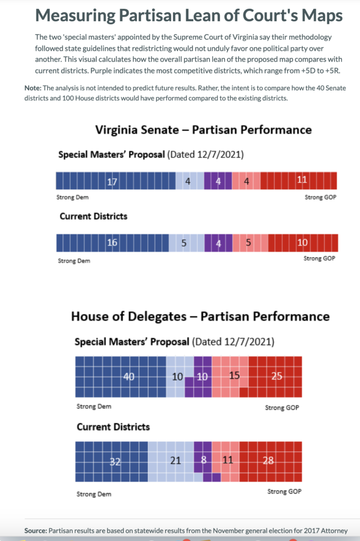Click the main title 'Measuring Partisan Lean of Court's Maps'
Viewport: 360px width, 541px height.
[189, 15]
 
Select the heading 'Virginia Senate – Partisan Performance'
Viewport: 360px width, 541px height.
[203, 129]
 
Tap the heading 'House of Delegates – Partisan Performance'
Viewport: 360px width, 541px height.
[200, 316]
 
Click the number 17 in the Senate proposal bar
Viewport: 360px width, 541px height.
[111, 181]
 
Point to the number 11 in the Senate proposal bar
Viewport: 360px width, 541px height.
[301, 180]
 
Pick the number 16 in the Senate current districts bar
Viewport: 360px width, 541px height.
[112, 243]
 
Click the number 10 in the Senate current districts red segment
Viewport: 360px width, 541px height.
[302, 242]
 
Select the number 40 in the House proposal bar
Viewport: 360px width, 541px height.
[129, 376]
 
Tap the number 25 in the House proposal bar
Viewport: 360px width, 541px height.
[277, 376]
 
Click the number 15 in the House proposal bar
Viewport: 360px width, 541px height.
[234, 376]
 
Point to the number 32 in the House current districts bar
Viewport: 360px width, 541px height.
[115, 461]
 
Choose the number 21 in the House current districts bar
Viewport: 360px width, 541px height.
[176, 461]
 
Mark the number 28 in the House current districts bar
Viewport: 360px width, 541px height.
[268, 461]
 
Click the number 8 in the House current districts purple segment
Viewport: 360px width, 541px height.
[204, 461]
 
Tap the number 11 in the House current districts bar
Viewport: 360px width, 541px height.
[228, 461]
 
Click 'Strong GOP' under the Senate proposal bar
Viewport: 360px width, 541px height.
[320, 198]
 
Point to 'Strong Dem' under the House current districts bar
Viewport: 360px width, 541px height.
[94, 494]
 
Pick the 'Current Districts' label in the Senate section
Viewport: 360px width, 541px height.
[93, 217]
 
